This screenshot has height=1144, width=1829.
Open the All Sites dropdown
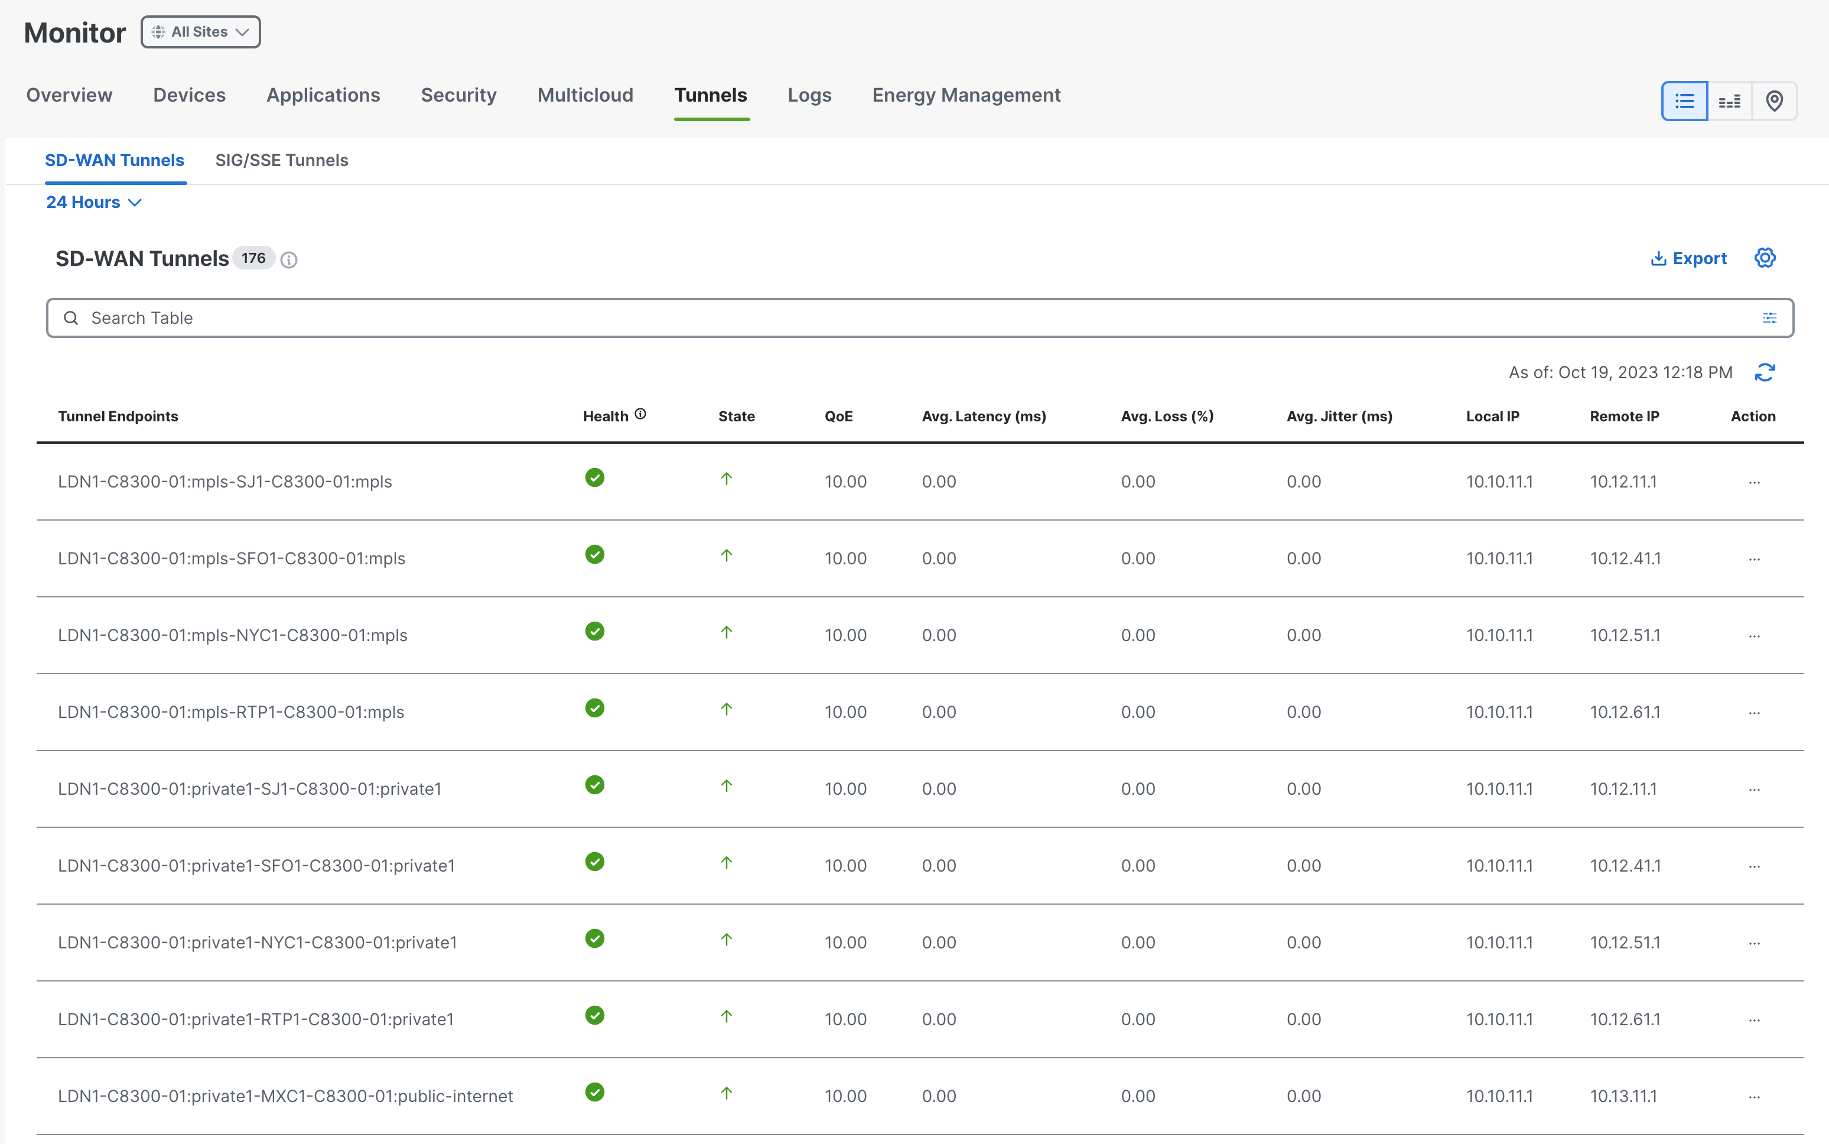coord(200,32)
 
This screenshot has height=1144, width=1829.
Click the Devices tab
coord(189,95)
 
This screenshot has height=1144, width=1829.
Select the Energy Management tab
coord(966,95)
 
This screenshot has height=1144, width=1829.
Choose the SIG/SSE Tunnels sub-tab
coord(281,160)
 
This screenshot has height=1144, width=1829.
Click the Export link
coord(1689,259)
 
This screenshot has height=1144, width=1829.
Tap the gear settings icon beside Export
coord(1765,258)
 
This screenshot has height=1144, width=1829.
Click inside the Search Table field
coord(920,318)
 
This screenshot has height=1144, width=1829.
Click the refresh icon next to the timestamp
coord(1765,372)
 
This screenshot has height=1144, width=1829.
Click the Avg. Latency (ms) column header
coord(984,416)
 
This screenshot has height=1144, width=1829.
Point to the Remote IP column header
coord(1624,416)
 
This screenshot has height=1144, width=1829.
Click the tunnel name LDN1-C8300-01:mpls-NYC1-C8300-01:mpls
coord(232,636)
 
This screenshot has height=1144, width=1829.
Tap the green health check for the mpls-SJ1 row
coord(594,477)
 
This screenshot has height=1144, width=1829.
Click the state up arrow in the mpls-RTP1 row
coord(726,709)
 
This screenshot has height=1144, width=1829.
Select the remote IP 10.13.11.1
coord(1623,1096)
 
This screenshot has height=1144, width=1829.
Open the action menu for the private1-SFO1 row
coord(1754,866)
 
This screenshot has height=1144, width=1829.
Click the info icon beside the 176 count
coord(288,259)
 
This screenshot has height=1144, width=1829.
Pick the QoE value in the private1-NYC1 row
coord(845,942)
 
